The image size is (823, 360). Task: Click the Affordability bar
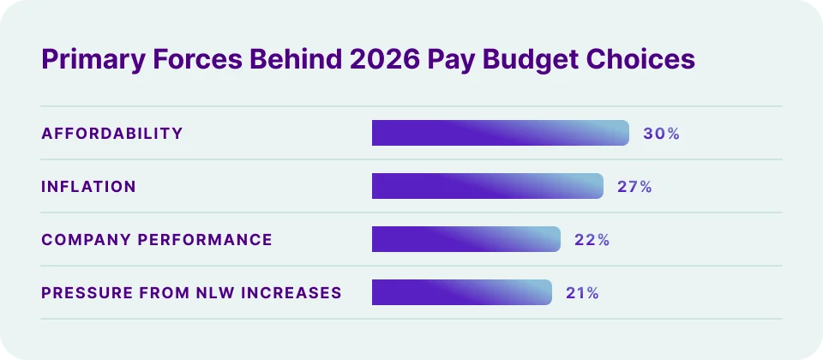point(501,133)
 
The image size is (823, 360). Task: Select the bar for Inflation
point(488,186)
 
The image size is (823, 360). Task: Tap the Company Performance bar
point(466,239)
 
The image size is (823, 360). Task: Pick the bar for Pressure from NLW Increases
point(462,292)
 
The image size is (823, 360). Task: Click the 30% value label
point(661,134)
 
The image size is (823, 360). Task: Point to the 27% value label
point(634,187)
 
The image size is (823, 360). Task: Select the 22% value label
point(592,240)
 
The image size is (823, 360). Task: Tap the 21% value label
point(582,293)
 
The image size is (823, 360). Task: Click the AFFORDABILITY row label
point(112,134)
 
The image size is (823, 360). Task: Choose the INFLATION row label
point(88,187)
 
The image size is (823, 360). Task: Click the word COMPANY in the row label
point(80,240)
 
